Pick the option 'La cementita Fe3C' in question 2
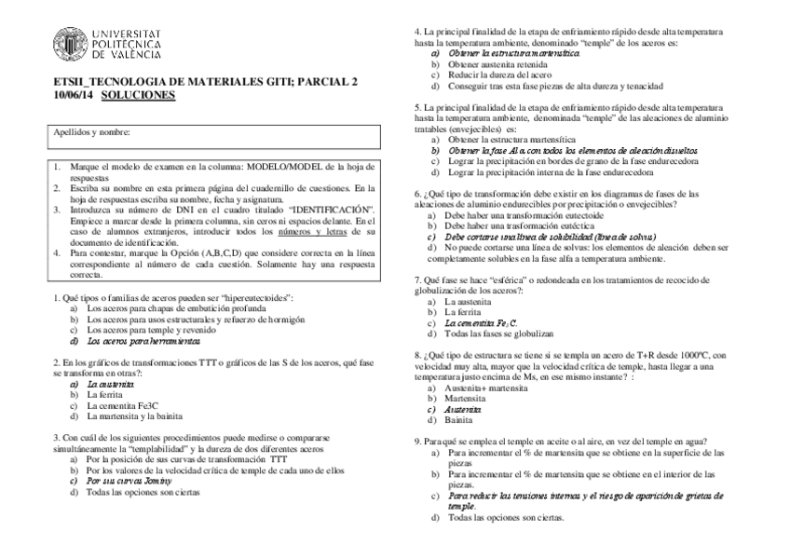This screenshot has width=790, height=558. point(122,405)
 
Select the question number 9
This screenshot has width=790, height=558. point(416,441)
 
